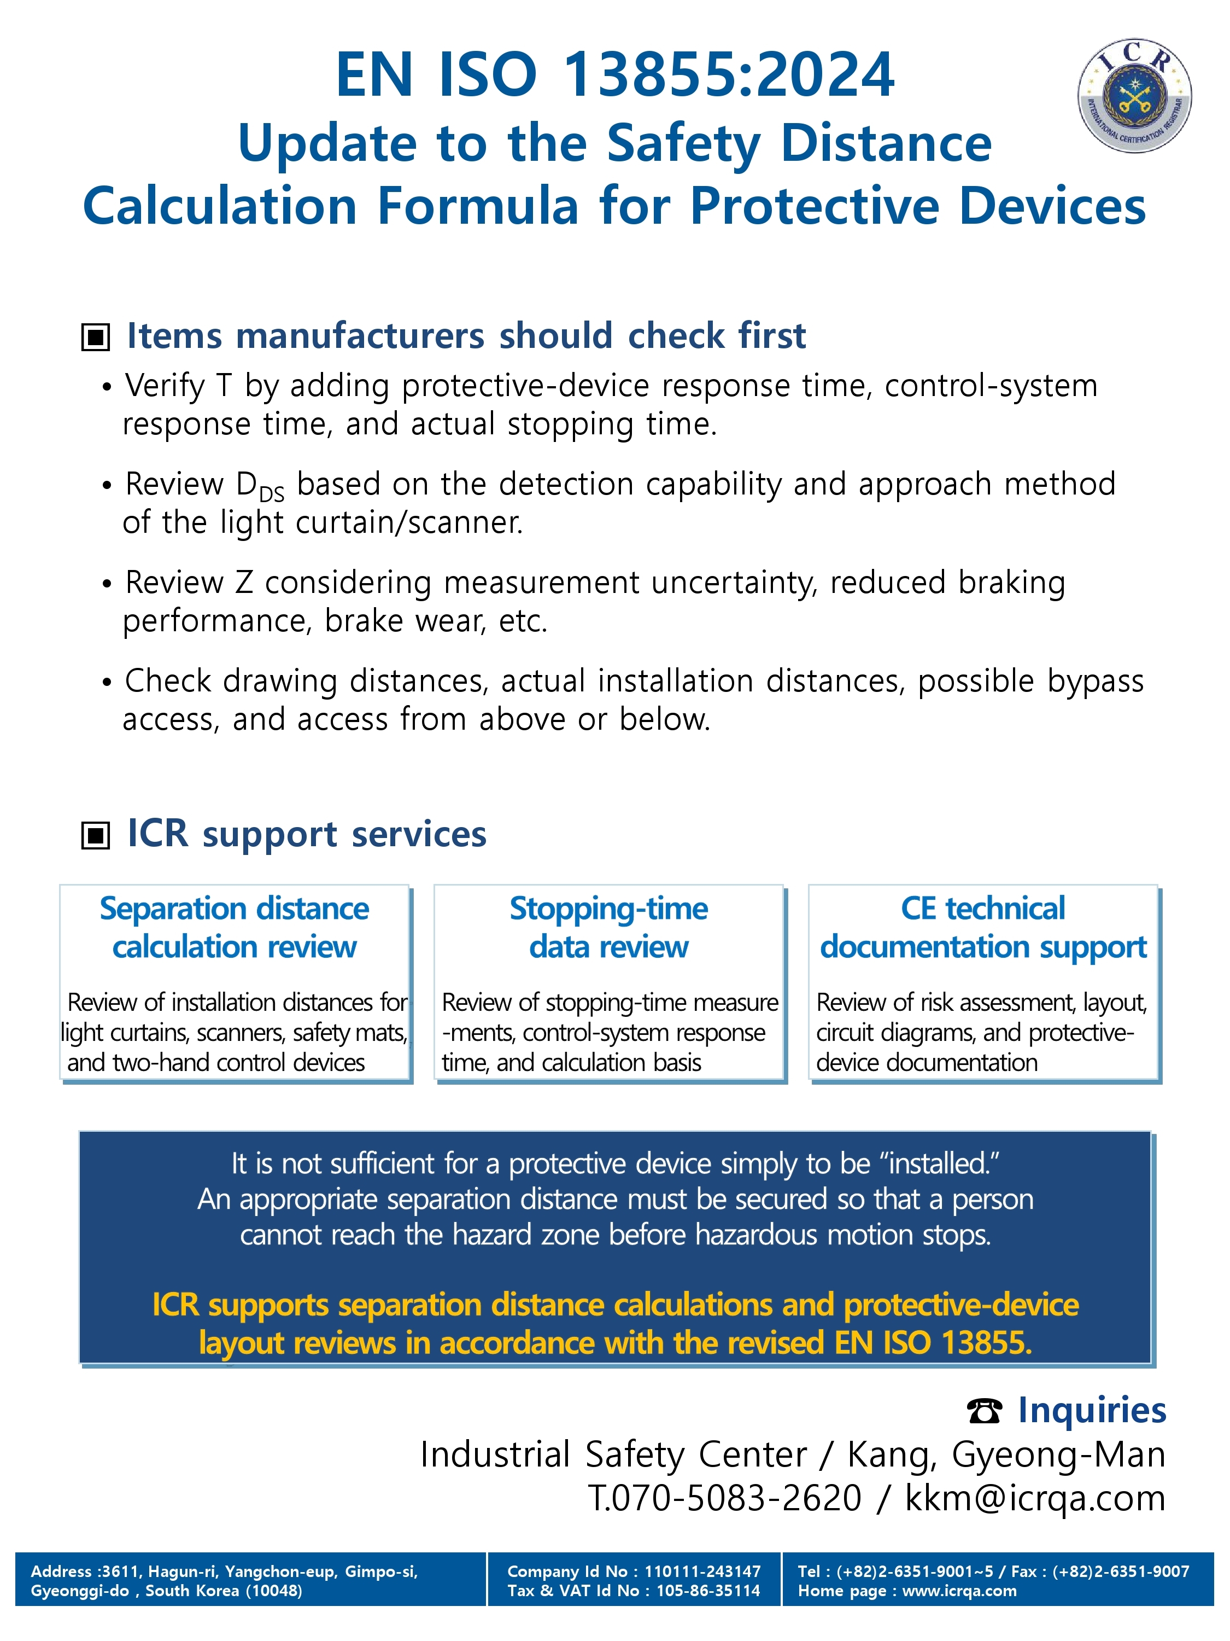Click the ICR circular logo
[1134, 96]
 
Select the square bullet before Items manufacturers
[95, 337]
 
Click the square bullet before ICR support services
[95, 835]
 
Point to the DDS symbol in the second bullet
[260, 487]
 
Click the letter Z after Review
[244, 583]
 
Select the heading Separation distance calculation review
[235, 927]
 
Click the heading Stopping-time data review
[608, 927]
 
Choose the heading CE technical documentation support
[983, 927]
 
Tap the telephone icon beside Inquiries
[985, 1410]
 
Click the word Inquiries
[1091, 1410]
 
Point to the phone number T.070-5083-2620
[724, 1498]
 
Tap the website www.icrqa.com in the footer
[959, 1591]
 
